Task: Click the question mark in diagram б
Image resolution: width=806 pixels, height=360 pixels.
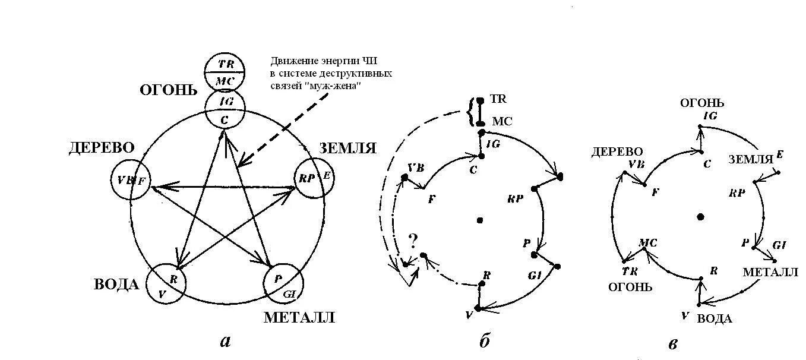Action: point(413,241)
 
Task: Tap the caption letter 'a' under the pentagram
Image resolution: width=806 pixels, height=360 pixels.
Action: point(225,341)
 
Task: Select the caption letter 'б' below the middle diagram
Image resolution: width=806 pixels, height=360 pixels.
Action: point(484,341)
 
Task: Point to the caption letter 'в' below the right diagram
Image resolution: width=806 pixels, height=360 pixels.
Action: point(673,343)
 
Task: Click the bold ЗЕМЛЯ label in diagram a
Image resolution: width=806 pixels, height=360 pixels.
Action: point(348,148)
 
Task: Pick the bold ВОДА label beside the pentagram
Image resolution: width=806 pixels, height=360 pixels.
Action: point(116,285)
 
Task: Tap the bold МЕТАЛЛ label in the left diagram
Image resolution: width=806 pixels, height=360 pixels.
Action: point(299,317)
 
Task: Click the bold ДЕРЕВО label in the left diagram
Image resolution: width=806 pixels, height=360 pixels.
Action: point(101,148)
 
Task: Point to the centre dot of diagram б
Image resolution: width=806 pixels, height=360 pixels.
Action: point(480,220)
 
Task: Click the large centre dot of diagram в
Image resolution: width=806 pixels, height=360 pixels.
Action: point(701,216)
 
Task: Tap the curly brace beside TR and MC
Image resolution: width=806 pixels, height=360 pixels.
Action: point(472,112)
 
